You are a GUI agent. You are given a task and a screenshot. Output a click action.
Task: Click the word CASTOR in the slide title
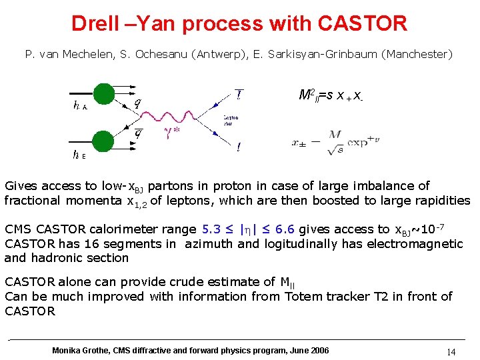pyautogui.click(x=362, y=24)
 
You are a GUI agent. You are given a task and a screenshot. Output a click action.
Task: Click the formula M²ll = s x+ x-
pyautogui.click(x=331, y=96)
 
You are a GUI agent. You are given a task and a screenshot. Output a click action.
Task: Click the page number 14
pyautogui.click(x=451, y=352)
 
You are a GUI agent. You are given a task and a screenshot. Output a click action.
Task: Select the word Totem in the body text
pyautogui.click(x=305, y=297)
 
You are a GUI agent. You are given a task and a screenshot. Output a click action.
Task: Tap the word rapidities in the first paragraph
pyautogui.click(x=442, y=201)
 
